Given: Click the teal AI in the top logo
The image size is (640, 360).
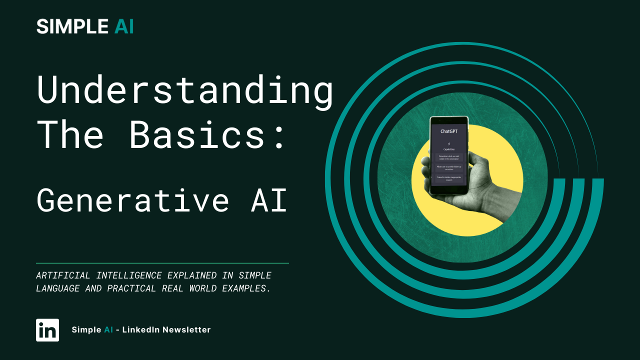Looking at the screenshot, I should click(124, 26).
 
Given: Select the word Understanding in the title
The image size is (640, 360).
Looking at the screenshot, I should click(185, 91).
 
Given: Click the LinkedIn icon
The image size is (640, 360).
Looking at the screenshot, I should click(47, 330).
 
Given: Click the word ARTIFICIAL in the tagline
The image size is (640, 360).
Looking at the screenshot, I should click(63, 275).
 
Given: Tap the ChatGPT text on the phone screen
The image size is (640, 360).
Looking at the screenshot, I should click(449, 131).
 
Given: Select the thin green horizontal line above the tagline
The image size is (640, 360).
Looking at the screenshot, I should click(162, 263).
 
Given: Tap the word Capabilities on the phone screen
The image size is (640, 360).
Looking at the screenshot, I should click(448, 149).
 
